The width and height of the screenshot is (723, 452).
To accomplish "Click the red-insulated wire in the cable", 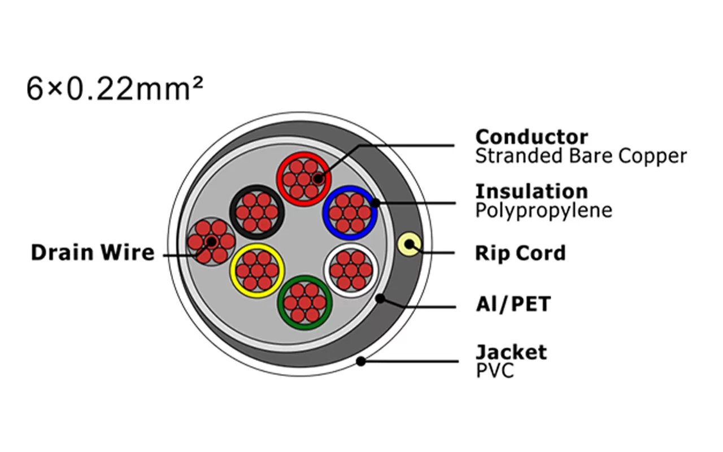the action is coord(304,179).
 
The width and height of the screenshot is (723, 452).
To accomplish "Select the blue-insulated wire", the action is coord(350,212).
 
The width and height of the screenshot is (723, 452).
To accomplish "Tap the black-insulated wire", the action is coord(257,212).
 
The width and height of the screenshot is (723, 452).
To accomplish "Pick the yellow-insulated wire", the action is coord(257,271).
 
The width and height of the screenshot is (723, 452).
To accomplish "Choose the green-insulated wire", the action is coord(304,302).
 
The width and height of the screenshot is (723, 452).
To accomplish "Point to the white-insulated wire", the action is coord(351,270).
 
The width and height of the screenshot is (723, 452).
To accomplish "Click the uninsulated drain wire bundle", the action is coord(211,241).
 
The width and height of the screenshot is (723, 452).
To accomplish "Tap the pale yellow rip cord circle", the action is coord(410,245).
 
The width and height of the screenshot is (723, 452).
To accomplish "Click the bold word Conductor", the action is coord(532,137).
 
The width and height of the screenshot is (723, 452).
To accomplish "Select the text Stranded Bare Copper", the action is coord(581,156).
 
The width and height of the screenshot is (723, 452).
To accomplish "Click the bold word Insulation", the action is coord(532,192).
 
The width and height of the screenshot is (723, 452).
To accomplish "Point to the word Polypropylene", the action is coord(544,211).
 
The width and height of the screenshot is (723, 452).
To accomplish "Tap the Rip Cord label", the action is coord(521,253).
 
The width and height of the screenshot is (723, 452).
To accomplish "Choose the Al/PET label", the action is coord(513,304).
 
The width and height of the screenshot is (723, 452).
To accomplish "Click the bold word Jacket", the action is coord(512,352).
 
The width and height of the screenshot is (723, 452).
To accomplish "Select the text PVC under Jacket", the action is coord(495,371).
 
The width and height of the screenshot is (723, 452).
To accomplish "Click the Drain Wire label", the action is coord(93,253).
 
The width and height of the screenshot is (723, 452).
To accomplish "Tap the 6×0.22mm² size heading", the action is coord(115,89).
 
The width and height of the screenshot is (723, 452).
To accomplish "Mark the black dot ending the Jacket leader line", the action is coord(361,361).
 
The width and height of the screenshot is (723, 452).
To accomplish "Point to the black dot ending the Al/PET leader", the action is coord(381,298).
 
